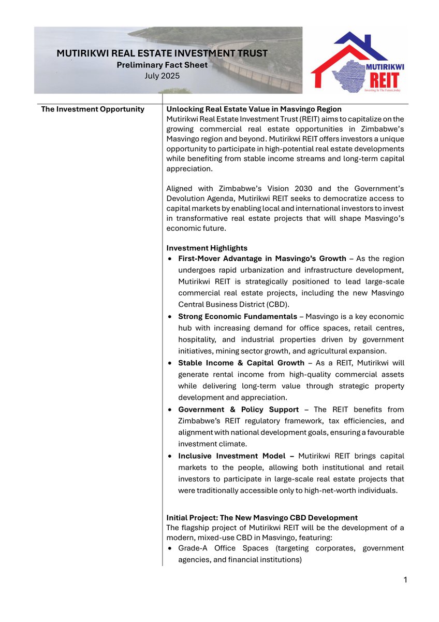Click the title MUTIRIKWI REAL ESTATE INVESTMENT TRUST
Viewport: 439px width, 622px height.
(162, 53)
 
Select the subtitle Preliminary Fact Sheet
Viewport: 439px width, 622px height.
(162, 65)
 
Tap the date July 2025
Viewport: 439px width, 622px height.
(162, 76)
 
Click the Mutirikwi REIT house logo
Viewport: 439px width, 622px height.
(358, 61)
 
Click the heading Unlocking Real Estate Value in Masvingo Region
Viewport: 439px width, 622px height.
(254, 109)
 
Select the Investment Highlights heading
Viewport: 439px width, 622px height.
(207, 248)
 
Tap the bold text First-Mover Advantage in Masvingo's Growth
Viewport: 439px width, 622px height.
(262, 259)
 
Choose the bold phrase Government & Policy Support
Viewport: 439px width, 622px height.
(238, 409)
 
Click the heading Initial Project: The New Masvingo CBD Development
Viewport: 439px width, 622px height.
(261, 518)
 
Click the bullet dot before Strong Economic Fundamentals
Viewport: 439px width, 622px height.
(171, 317)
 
